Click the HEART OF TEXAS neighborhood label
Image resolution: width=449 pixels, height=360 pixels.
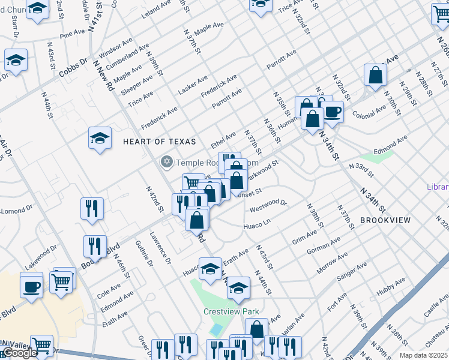[159, 142]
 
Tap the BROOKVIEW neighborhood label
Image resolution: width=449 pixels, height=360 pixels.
[385, 220]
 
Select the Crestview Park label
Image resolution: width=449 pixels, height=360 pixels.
[231, 311]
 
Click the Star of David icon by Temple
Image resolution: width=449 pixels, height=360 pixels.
[166, 162]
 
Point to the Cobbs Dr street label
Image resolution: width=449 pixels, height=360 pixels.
[73, 68]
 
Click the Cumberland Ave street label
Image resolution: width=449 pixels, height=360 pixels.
[127, 56]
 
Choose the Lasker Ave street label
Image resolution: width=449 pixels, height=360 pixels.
[193, 85]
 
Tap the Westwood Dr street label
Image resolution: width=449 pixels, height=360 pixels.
[268, 206]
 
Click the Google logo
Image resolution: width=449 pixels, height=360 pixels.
[19, 352]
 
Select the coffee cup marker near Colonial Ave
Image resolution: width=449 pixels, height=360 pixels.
[331, 111]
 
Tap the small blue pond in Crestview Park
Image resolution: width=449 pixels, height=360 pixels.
[216, 329]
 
